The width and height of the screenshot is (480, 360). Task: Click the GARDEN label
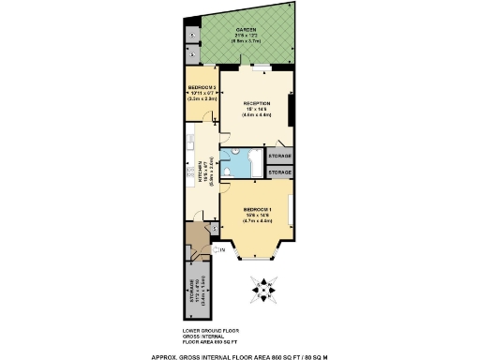point(247,29)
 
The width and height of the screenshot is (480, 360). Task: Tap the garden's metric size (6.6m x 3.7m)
point(247,41)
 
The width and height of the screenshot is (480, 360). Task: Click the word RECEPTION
point(257,103)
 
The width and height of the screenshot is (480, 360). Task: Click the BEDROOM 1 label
point(256,209)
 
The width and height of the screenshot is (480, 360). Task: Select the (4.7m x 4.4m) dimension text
point(256,220)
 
